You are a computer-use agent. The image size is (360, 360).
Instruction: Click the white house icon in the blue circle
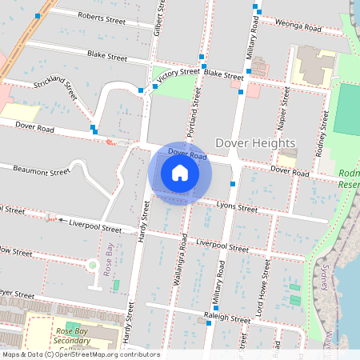pos(180,173)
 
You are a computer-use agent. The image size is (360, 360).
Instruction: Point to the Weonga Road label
pos(298,26)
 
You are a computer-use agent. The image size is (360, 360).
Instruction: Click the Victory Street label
pos(178,74)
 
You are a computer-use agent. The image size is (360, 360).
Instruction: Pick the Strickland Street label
pos(55,86)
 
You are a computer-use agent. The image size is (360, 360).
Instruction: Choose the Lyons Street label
pos(237,208)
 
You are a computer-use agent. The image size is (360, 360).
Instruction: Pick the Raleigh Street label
pos(229,318)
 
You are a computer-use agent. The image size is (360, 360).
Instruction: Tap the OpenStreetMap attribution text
pos(80,354)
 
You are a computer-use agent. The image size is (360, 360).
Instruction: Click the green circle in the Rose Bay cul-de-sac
pos(93,265)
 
